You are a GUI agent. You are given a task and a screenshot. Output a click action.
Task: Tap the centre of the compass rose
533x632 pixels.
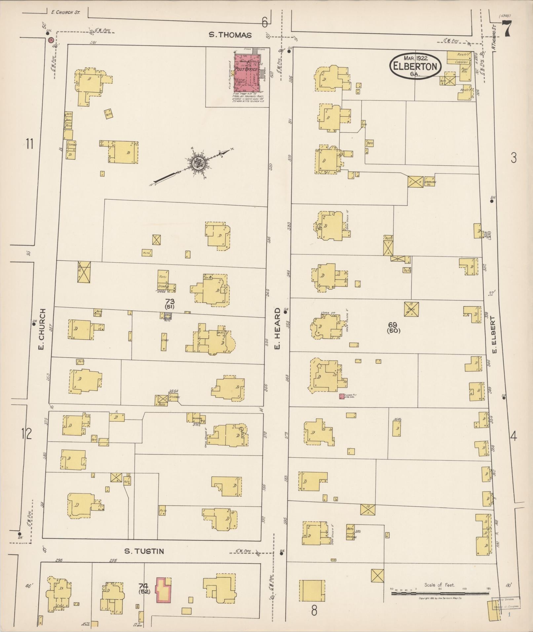198,163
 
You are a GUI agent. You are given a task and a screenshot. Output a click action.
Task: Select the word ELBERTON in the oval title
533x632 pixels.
416,66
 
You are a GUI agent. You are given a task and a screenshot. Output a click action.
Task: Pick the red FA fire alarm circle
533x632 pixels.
51,40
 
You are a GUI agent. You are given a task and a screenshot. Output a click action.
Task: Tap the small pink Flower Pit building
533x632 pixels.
342,396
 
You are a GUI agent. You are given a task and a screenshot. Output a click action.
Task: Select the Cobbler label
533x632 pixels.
461,62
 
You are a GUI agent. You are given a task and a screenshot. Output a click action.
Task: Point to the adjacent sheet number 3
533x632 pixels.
513,158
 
